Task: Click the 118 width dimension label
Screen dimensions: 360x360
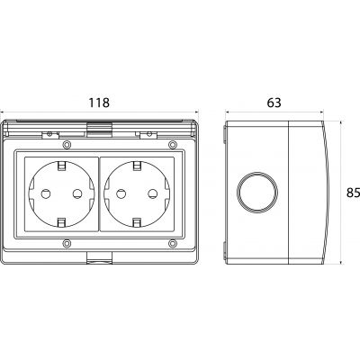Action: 99,103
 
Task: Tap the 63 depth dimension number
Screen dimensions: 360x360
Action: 274,103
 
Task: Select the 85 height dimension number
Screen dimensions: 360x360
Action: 353,193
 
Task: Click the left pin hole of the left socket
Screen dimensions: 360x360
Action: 46,194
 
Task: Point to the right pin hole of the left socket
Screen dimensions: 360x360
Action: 77,194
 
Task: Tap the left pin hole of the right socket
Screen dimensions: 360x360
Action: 121,194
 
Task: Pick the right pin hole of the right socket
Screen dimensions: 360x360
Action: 153,194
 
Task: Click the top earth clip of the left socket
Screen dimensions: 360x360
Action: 62,166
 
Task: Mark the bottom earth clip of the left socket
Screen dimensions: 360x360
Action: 62,222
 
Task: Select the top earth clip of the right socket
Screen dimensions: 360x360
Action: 137,166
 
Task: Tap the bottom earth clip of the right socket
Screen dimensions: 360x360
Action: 137,222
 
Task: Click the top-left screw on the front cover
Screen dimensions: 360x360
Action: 67,145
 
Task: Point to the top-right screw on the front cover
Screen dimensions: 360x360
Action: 172,145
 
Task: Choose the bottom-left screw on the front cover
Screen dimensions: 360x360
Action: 67,243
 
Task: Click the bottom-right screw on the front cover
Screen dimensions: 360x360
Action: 172,243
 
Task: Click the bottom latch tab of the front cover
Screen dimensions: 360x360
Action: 99,257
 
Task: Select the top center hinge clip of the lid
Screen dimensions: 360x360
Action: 99,129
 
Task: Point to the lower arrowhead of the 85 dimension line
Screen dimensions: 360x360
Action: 341,262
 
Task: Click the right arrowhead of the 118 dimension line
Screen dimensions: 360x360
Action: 196,112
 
